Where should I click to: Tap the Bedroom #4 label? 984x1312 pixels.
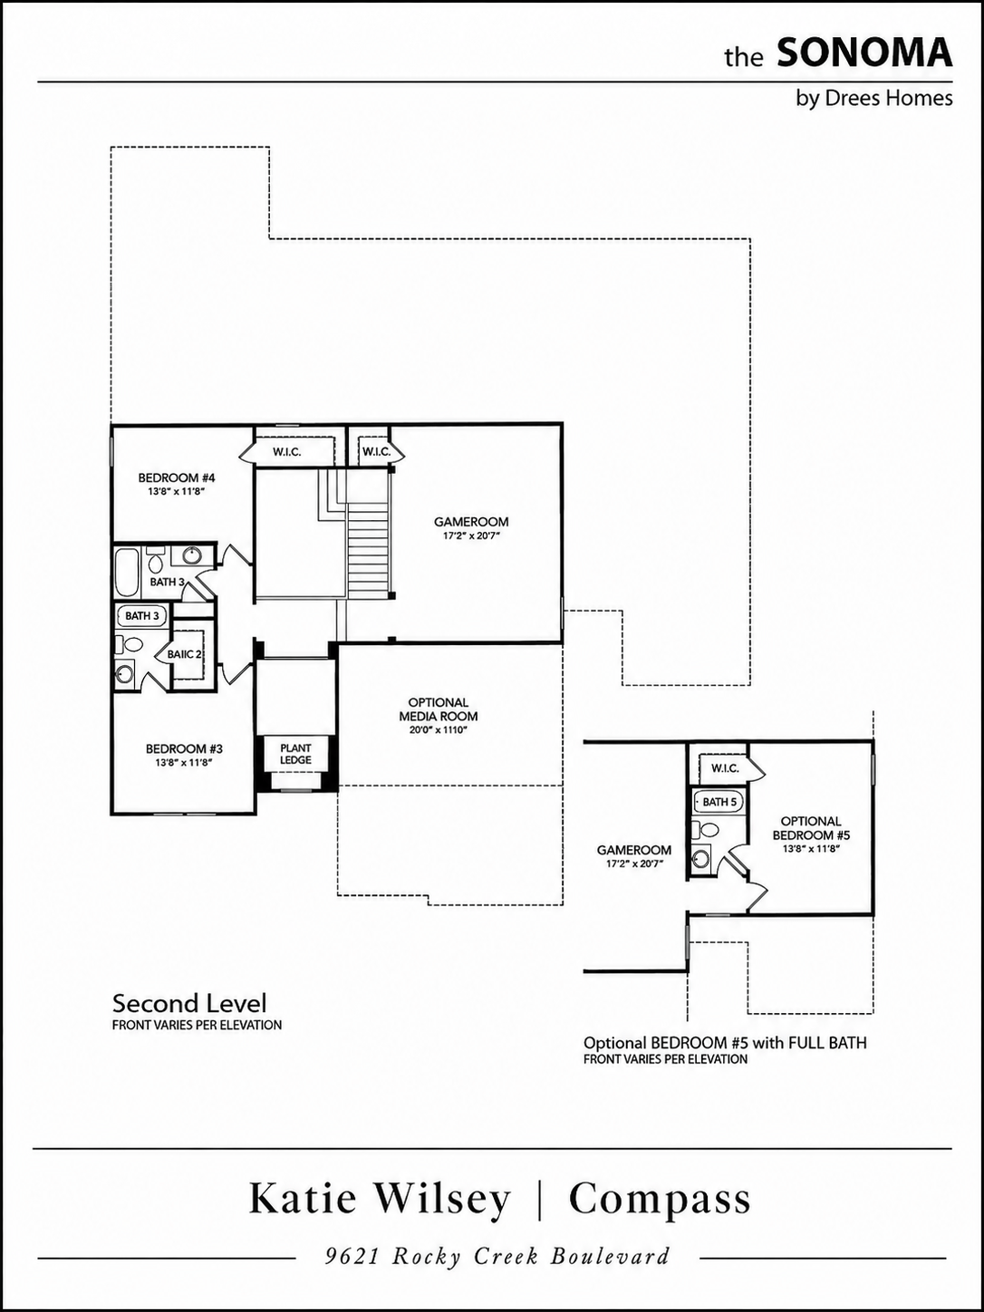click(x=177, y=478)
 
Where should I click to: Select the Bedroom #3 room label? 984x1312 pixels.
click(x=184, y=748)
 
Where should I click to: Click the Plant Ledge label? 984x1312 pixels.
click(x=295, y=754)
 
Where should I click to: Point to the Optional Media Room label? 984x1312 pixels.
click(x=438, y=709)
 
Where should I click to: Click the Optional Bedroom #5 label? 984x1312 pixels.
click(x=811, y=828)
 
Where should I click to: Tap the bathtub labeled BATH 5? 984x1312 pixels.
click(x=719, y=802)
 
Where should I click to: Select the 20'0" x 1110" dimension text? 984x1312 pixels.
click(x=438, y=729)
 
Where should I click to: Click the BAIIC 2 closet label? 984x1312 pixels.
click(x=184, y=654)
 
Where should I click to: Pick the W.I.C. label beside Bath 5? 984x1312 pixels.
click(x=725, y=768)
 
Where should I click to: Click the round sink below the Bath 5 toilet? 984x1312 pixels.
click(x=701, y=858)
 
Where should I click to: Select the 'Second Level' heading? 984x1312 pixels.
click(x=189, y=1002)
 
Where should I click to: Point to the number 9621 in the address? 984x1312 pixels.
click(x=352, y=1256)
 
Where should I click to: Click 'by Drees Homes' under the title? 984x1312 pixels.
click(x=873, y=98)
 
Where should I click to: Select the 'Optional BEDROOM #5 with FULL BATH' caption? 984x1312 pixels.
click(x=725, y=1043)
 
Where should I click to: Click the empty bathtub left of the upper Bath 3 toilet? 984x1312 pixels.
click(x=126, y=571)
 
